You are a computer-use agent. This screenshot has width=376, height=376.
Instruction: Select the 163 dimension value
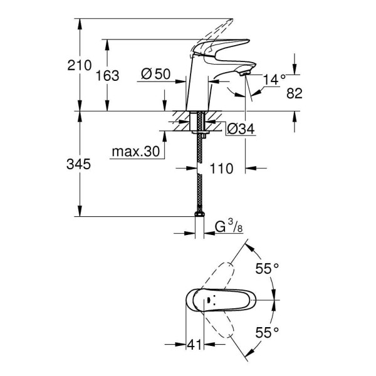click(x=108, y=75)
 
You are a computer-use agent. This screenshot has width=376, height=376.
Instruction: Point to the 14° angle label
click(x=273, y=80)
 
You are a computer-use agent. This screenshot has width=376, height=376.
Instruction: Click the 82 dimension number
click(x=295, y=93)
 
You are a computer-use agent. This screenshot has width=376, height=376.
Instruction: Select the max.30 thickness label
click(x=135, y=152)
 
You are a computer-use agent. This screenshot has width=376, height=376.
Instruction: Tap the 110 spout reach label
click(x=222, y=168)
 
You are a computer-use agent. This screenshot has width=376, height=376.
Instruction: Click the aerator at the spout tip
click(x=244, y=75)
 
